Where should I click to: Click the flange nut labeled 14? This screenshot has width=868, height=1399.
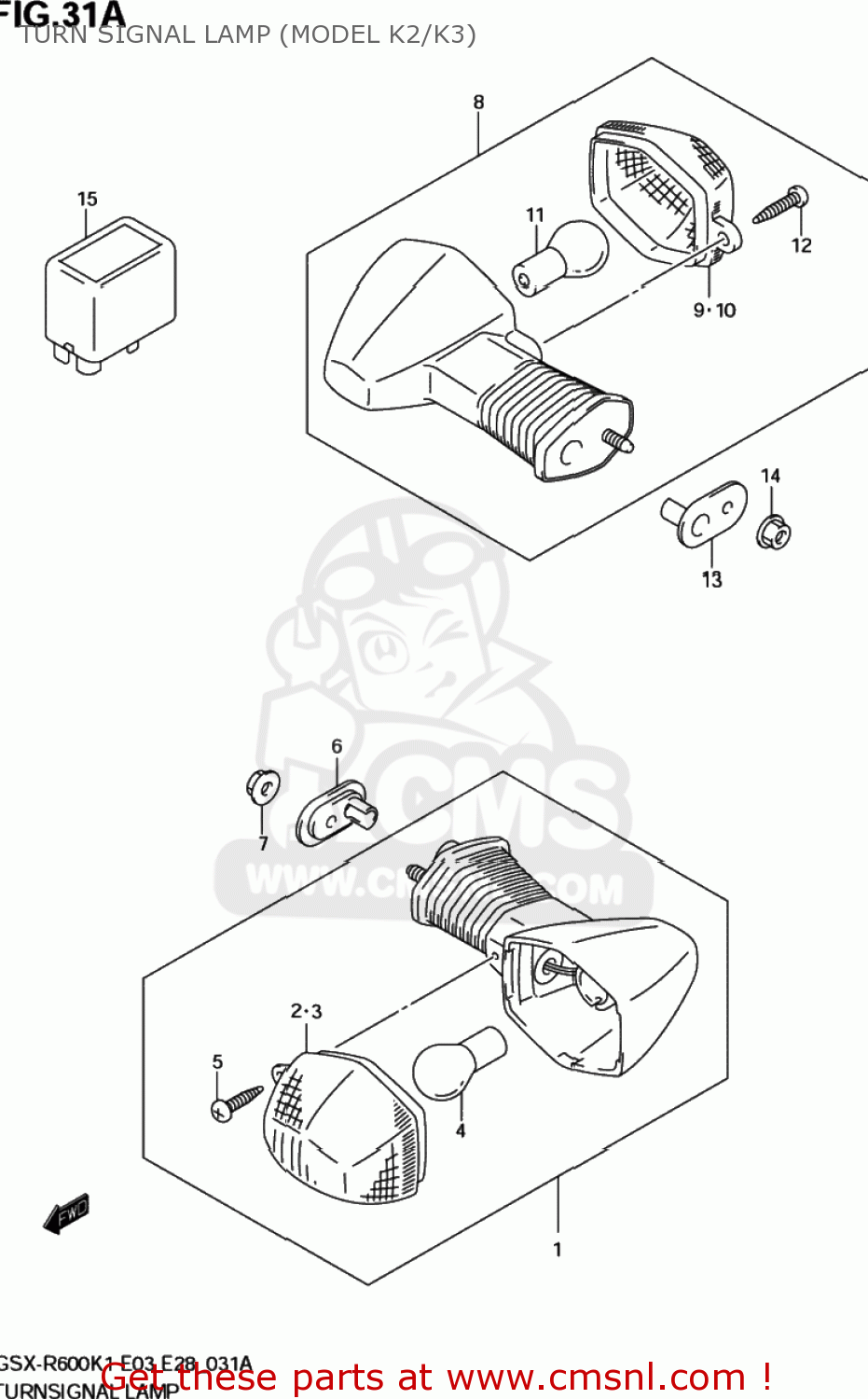(x=774, y=533)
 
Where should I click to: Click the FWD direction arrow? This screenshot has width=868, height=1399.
(x=67, y=1212)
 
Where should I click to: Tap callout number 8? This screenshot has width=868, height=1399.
(x=478, y=102)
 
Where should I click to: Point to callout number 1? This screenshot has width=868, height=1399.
(x=558, y=1250)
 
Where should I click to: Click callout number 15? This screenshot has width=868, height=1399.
(x=87, y=199)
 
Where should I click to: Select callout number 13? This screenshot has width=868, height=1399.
(x=711, y=580)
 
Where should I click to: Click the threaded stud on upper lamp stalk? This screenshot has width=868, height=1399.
(x=618, y=440)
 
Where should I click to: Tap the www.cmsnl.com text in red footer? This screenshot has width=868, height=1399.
(x=596, y=1378)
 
